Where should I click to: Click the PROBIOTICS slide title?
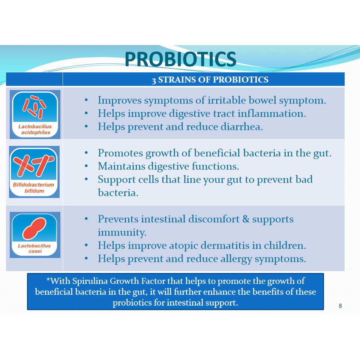click(180, 59)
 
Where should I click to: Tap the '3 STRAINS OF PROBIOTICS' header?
click(210, 79)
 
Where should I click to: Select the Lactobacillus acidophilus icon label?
click(35, 129)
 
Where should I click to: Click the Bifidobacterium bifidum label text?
click(34, 187)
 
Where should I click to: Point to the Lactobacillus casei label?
click(34, 248)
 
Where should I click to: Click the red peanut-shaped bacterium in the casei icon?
click(34, 229)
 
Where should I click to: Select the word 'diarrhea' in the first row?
click(242, 126)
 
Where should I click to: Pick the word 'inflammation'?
click(272, 113)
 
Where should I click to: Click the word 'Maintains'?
click(121, 166)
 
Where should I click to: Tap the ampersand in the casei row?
click(246, 219)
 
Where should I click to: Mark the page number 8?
click(340, 306)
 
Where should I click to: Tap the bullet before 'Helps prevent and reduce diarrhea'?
click(86, 126)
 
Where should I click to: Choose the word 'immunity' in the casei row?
click(122, 232)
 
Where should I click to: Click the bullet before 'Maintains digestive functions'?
click(86, 166)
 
